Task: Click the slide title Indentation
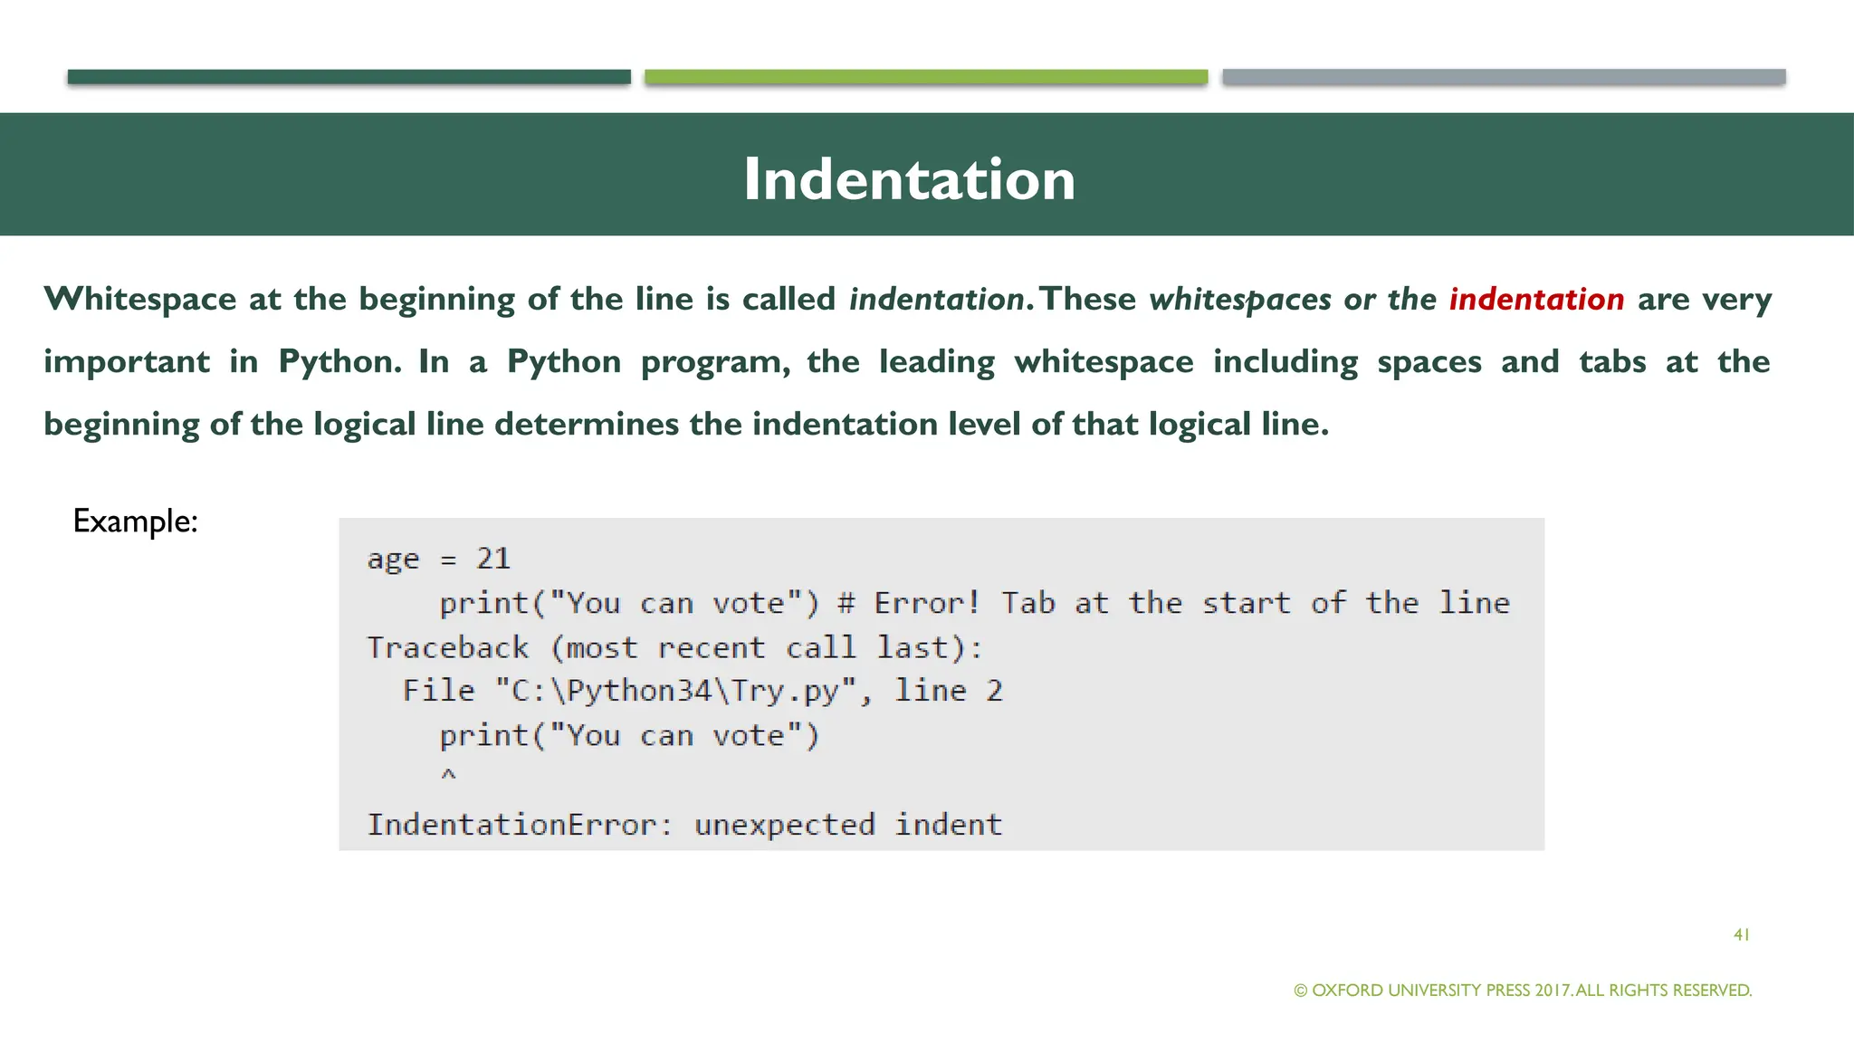[x=909, y=178]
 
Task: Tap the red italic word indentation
[x=1536, y=299]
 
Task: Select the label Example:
[x=135, y=521]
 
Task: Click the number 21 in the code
[x=493, y=559]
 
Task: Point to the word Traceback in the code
[x=448, y=647]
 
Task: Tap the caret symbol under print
[x=448, y=775]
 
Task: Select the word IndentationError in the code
[x=511, y=825]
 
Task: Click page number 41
[x=1741, y=934]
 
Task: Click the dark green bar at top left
[x=349, y=77]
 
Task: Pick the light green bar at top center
[x=926, y=77]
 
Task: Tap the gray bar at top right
[x=1504, y=77]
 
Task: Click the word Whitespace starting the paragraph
[x=140, y=299]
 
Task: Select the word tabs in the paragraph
[x=1612, y=361]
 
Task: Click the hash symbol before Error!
[x=846, y=603]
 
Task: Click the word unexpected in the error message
[x=784, y=825]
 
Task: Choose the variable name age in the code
[x=394, y=560]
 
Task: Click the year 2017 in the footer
[x=1553, y=990]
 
